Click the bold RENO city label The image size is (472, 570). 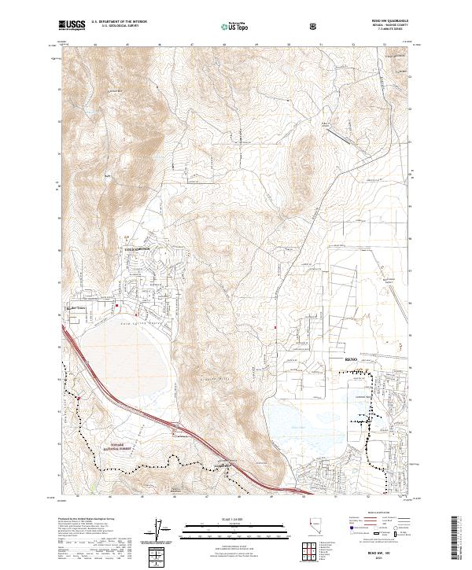[x=352, y=359]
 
